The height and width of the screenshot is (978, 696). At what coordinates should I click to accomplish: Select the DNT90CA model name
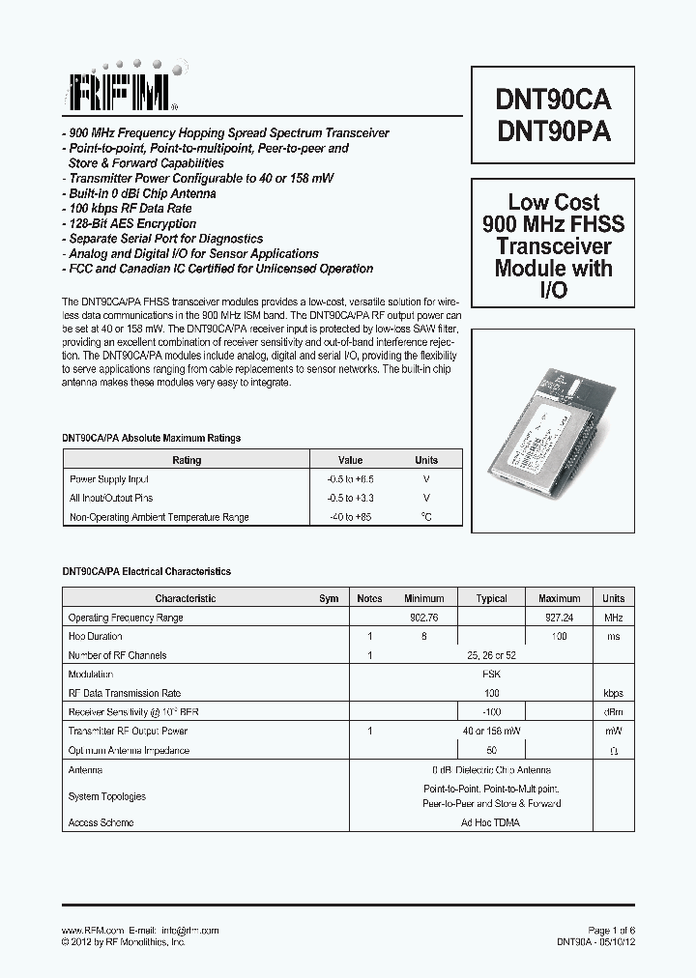click(x=554, y=100)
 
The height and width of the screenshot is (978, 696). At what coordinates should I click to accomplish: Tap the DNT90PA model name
click(x=554, y=132)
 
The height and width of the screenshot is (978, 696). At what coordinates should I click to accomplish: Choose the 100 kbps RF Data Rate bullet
click(x=130, y=209)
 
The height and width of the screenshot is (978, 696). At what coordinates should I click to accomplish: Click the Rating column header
click(x=187, y=460)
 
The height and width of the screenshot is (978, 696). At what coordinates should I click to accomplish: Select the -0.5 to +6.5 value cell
click(x=350, y=479)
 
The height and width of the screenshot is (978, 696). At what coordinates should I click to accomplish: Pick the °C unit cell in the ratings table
click(x=425, y=517)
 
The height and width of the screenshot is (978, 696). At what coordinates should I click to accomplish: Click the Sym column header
click(x=329, y=598)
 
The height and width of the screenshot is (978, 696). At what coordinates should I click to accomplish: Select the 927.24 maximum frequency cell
click(x=559, y=618)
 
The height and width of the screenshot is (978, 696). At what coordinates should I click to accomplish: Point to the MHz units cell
click(x=613, y=618)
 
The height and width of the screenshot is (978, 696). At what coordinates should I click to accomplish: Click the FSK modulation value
click(x=491, y=675)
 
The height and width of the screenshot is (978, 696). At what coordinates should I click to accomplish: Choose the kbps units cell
click(x=613, y=693)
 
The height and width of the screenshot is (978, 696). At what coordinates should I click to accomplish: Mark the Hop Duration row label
click(x=96, y=637)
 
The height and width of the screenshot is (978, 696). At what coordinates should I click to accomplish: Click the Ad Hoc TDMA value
click(x=491, y=822)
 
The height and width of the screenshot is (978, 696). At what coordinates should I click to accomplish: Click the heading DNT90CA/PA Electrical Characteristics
click(x=147, y=572)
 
